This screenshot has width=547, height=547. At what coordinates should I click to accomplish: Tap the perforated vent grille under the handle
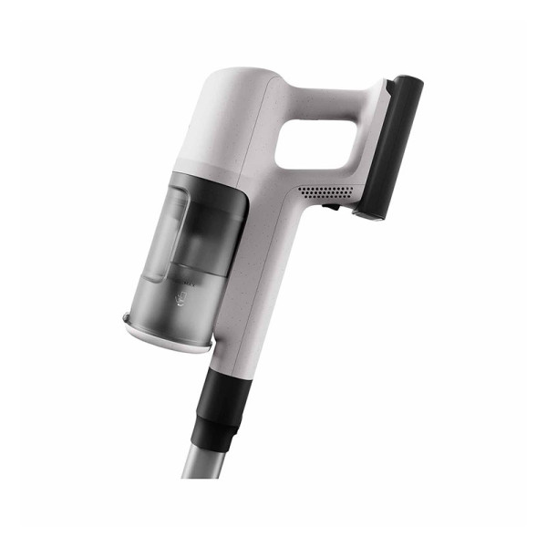point(326,192)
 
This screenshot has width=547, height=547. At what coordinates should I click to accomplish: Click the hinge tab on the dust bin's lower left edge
point(129,318)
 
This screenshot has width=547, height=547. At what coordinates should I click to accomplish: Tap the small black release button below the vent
point(333,208)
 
